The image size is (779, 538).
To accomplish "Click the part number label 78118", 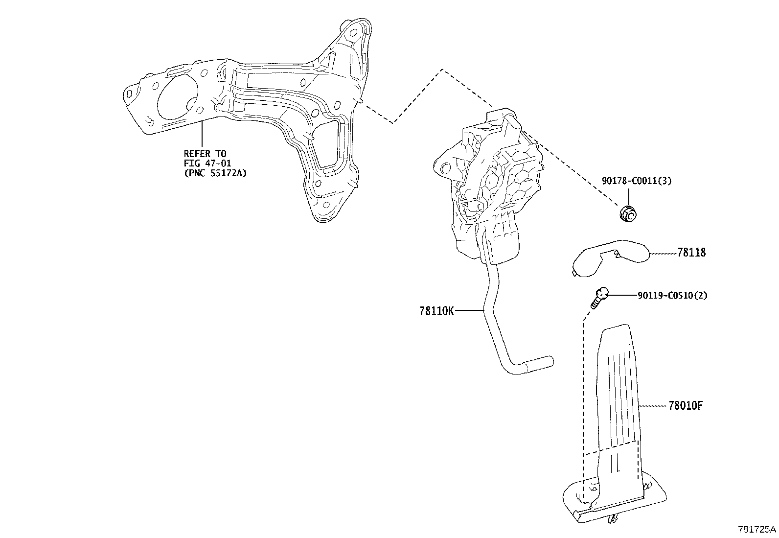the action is pyautogui.click(x=691, y=252).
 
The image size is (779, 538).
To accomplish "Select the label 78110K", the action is pyautogui.click(x=436, y=310).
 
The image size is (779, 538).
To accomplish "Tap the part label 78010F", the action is pyautogui.click(x=686, y=405).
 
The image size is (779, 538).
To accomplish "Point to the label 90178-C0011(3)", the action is pyautogui.click(x=637, y=181).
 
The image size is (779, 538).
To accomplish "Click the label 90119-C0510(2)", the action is pyautogui.click(x=672, y=295).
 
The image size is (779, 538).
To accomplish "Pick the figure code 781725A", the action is pyautogui.click(x=757, y=529).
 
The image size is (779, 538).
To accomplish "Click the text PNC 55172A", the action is pyautogui.click(x=215, y=173).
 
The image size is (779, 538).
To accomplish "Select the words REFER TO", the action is pyautogui.click(x=205, y=153).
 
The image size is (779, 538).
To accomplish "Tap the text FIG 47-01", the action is pyautogui.click(x=207, y=163).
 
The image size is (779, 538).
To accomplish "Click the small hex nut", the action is pyautogui.click(x=628, y=213).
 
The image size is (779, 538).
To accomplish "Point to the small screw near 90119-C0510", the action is pyautogui.click(x=599, y=298).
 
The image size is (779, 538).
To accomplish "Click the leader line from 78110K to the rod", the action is pyautogui.click(x=469, y=310).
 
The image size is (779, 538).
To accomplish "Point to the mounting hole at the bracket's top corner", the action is pyautogui.click(x=353, y=33).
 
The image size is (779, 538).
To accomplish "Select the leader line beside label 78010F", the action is pyautogui.click(x=653, y=406).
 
